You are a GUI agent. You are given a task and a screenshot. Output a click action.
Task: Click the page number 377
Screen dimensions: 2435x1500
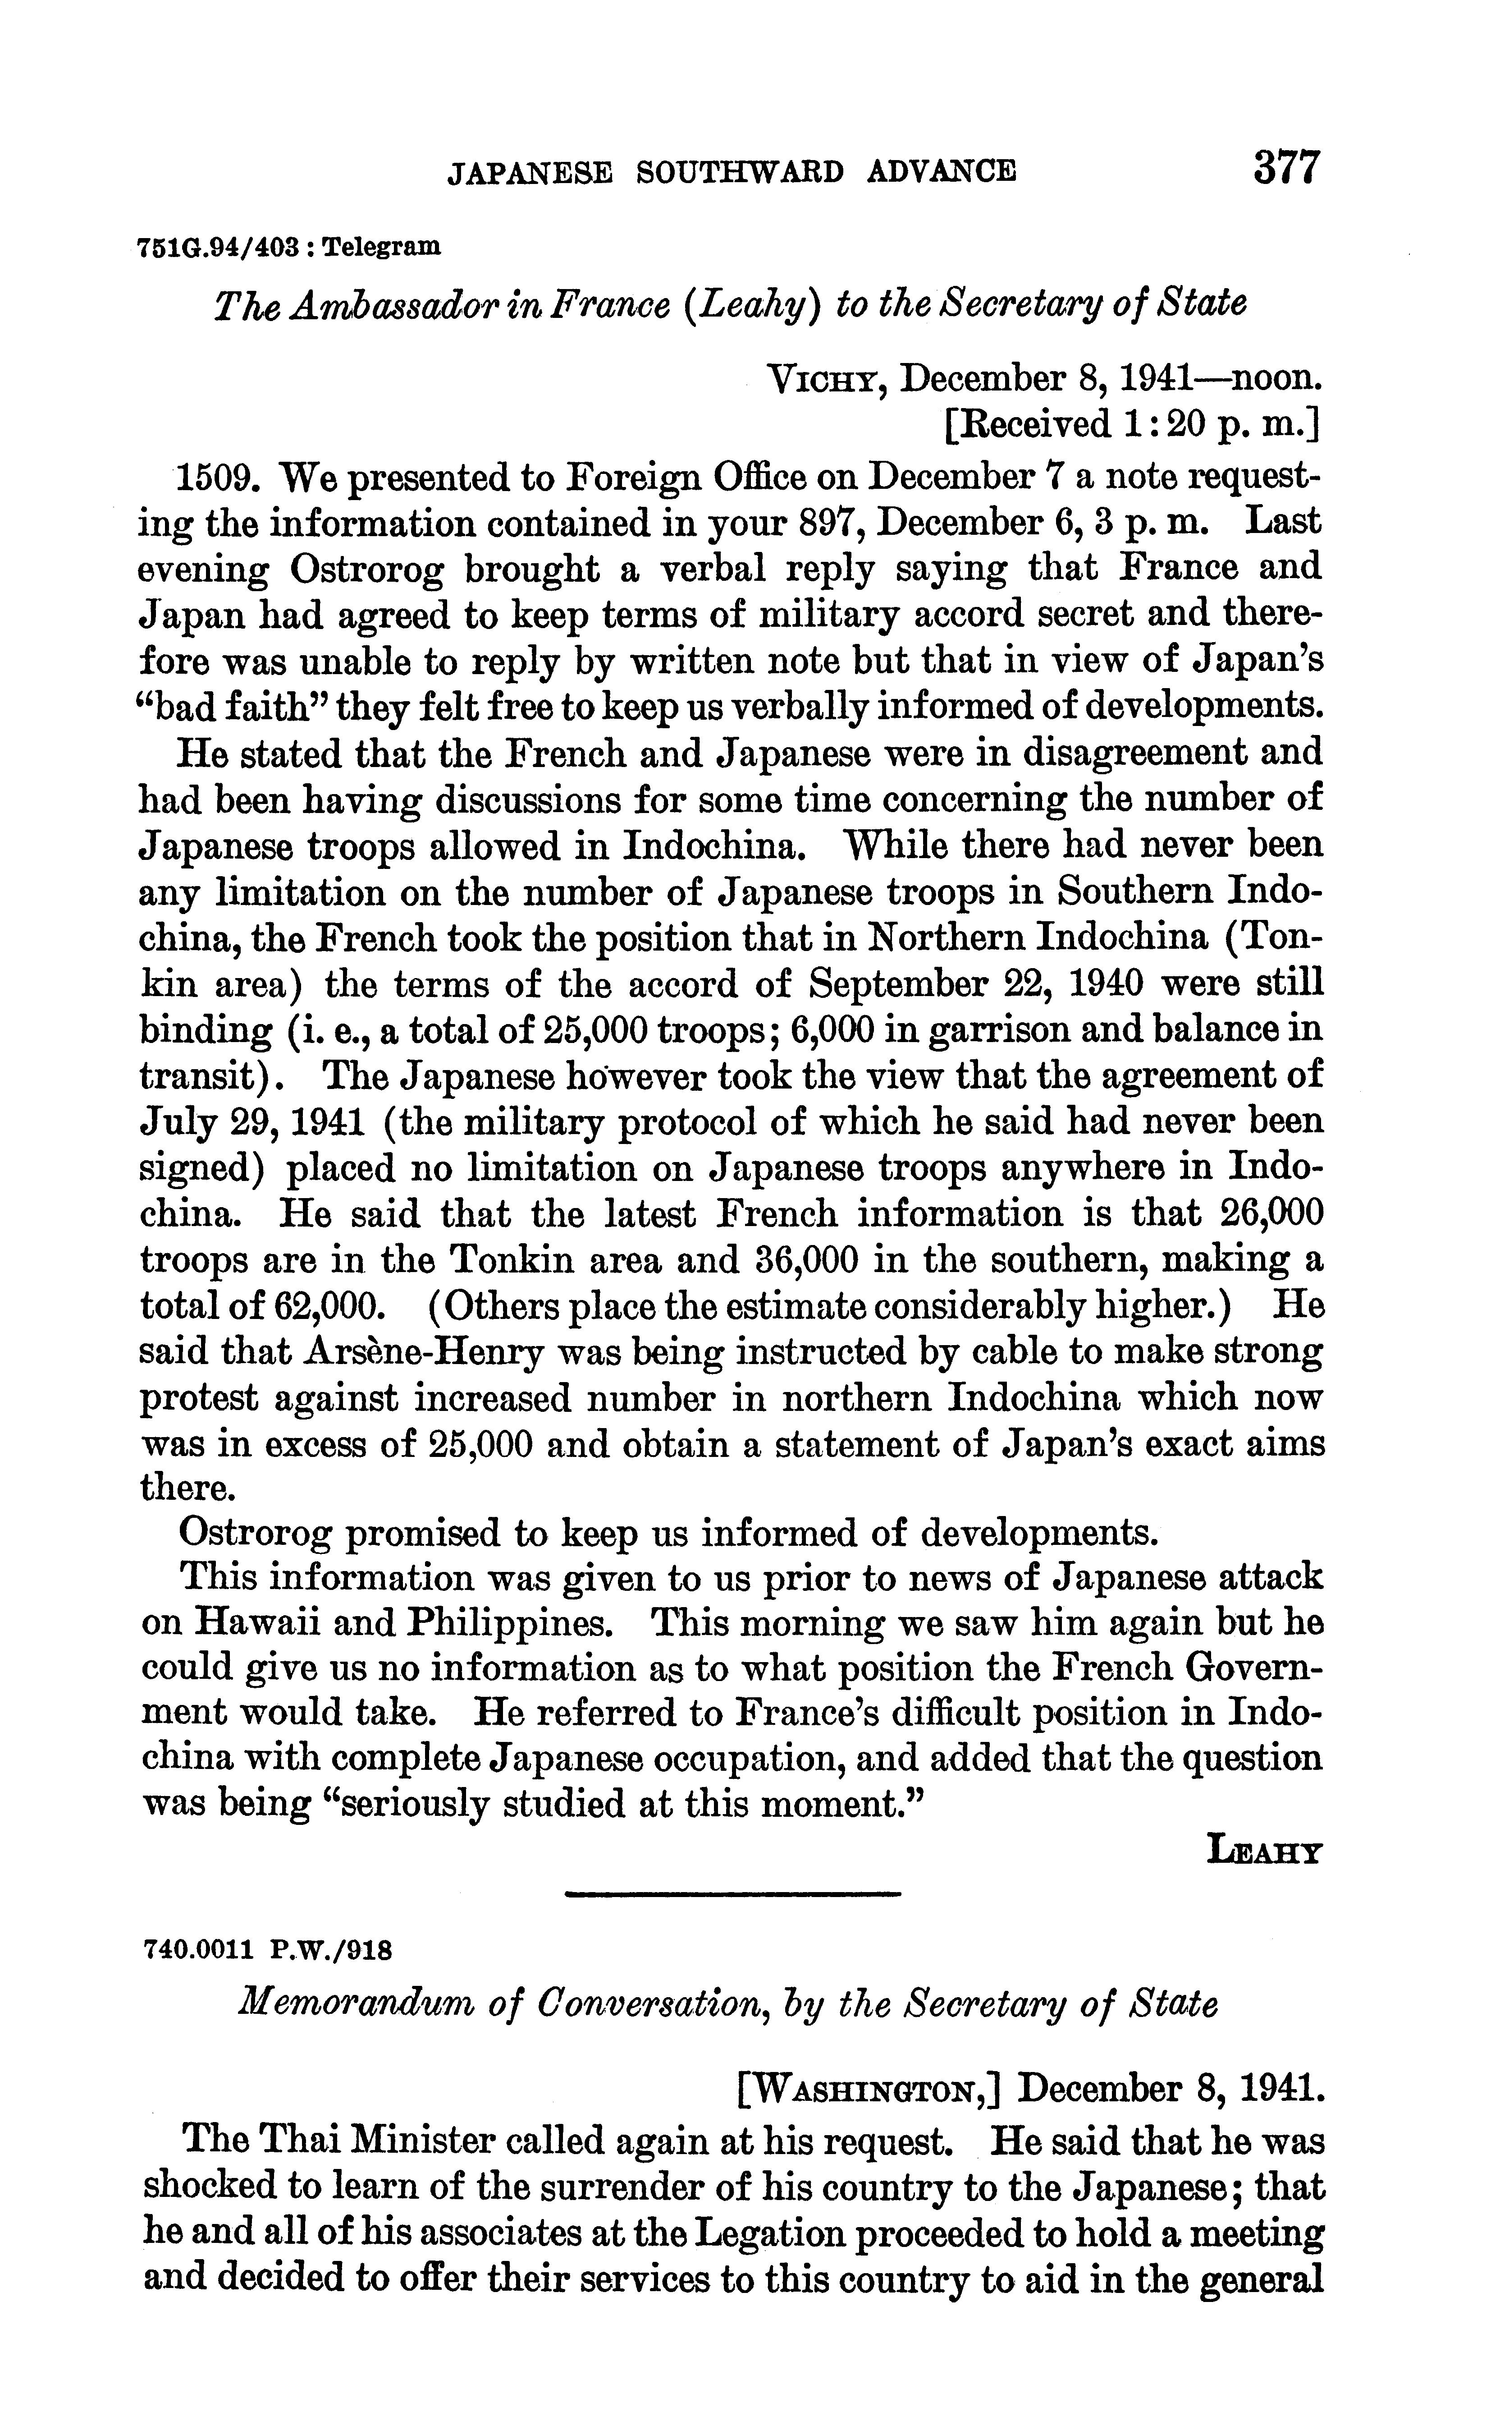point(1287,167)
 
